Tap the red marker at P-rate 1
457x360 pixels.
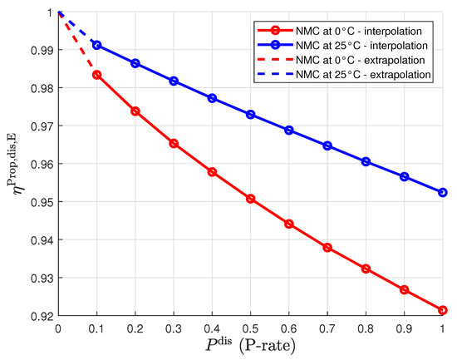(x=442, y=310)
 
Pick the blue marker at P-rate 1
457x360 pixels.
(x=442, y=192)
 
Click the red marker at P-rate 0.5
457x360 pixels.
(x=250, y=199)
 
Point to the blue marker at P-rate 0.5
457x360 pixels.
(x=250, y=114)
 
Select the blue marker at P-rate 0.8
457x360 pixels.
(x=366, y=161)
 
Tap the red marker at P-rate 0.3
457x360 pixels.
(x=173, y=143)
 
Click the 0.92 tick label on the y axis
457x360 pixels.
(x=38, y=316)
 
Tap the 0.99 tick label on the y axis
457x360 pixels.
(x=38, y=50)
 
